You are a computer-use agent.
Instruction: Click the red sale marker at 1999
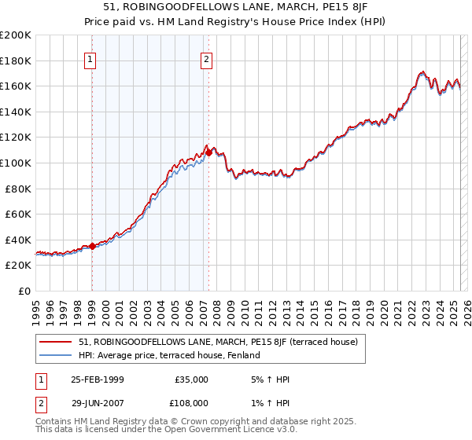[x=92, y=246]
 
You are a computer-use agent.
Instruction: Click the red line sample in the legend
[x=55, y=342]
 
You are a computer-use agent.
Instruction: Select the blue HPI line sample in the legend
[x=55, y=356]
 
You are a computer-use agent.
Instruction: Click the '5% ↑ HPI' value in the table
[x=268, y=379]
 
